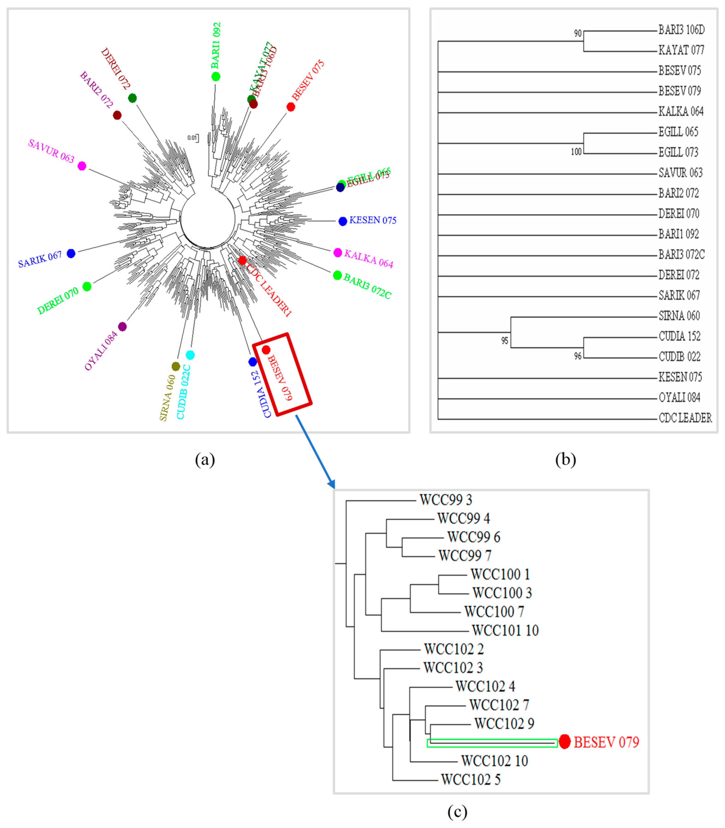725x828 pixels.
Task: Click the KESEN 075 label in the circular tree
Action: [373, 220]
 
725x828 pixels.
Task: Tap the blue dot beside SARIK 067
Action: [71, 253]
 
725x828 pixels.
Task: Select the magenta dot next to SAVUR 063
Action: [82, 166]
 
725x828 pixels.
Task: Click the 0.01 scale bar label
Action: [192, 138]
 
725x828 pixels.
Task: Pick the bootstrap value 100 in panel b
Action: [576, 152]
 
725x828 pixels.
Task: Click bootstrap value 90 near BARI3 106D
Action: [578, 34]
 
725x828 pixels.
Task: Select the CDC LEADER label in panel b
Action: [685, 418]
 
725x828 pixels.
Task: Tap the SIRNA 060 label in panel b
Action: [679, 316]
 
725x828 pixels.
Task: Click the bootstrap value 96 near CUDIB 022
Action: [578, 356]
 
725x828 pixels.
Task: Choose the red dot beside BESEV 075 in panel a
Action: [290, 107]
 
